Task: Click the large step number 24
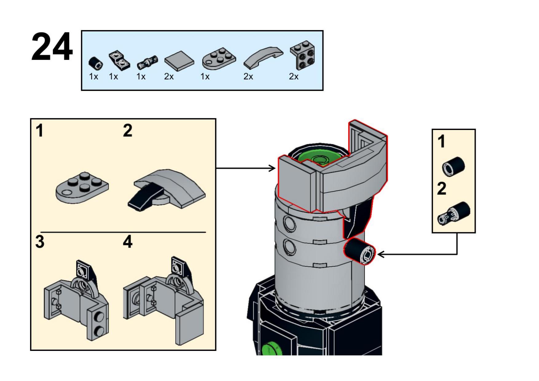coord(52,47)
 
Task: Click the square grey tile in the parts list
coord(179,60)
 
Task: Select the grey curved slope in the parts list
coord(264,57)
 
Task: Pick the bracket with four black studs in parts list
coord(303,55)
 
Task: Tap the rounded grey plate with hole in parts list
coord(219,58)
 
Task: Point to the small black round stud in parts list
coord(96,63)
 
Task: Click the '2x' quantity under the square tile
coord(169,77)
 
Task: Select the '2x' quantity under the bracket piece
coord(293,77)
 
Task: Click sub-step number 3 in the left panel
coord(40,242)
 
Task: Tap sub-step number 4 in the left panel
coord(127,242)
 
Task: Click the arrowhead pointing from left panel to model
coord(272,168)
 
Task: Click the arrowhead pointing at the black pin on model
coord(381,254)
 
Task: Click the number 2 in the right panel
coord(442,189)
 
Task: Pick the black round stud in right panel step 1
coord(453,167)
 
